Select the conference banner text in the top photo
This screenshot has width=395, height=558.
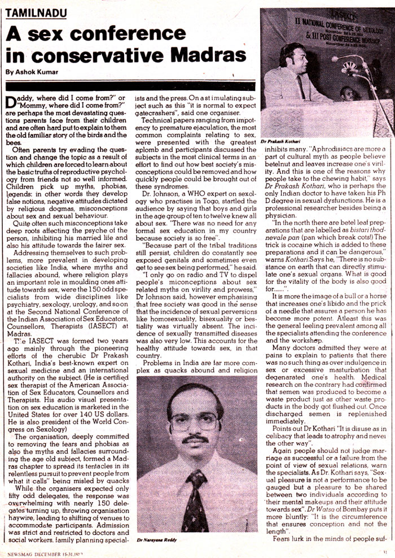point(327,25)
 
